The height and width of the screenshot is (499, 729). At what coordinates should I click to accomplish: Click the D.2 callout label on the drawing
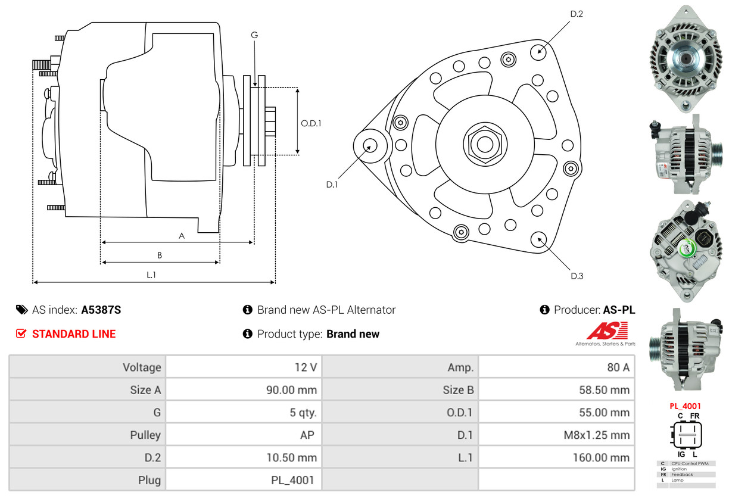[576, 14]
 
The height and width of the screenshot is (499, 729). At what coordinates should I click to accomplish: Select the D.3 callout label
[577, 276]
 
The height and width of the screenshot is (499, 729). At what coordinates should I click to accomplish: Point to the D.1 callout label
[332, 185]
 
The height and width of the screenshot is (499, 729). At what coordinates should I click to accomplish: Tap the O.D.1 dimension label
[311, 124]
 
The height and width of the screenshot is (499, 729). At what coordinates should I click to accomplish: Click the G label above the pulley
[254, 35]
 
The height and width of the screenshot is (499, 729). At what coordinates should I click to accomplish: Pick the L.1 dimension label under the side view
[151, 275]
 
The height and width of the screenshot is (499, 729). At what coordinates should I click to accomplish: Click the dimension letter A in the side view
[182, 236]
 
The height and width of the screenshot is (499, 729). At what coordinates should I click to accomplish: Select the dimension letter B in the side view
[160, 255]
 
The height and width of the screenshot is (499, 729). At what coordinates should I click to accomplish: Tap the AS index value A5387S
[101, 310]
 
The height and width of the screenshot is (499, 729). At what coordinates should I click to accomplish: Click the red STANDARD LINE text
[74, 334]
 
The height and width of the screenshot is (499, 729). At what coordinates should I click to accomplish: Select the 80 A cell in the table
[618, 367]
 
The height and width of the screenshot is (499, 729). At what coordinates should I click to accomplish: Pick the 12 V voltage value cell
[306, 367]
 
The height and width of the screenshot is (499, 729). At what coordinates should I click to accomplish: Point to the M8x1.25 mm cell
[596, 435]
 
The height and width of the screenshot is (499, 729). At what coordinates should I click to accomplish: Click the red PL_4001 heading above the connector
[685, 406]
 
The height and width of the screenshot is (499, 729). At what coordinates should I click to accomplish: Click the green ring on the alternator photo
[687, 247]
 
